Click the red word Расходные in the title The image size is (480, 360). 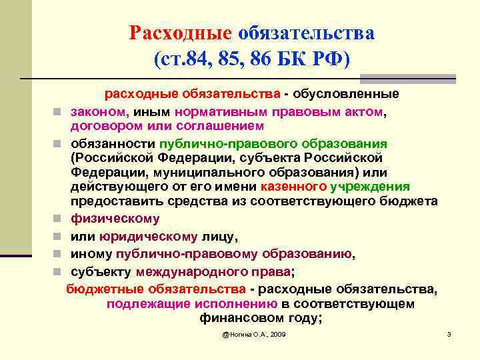click(180, 33)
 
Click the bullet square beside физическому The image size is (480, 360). click(58, 219)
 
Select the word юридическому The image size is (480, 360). click(147, 236)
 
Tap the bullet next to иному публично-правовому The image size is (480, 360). click(58, 254)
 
